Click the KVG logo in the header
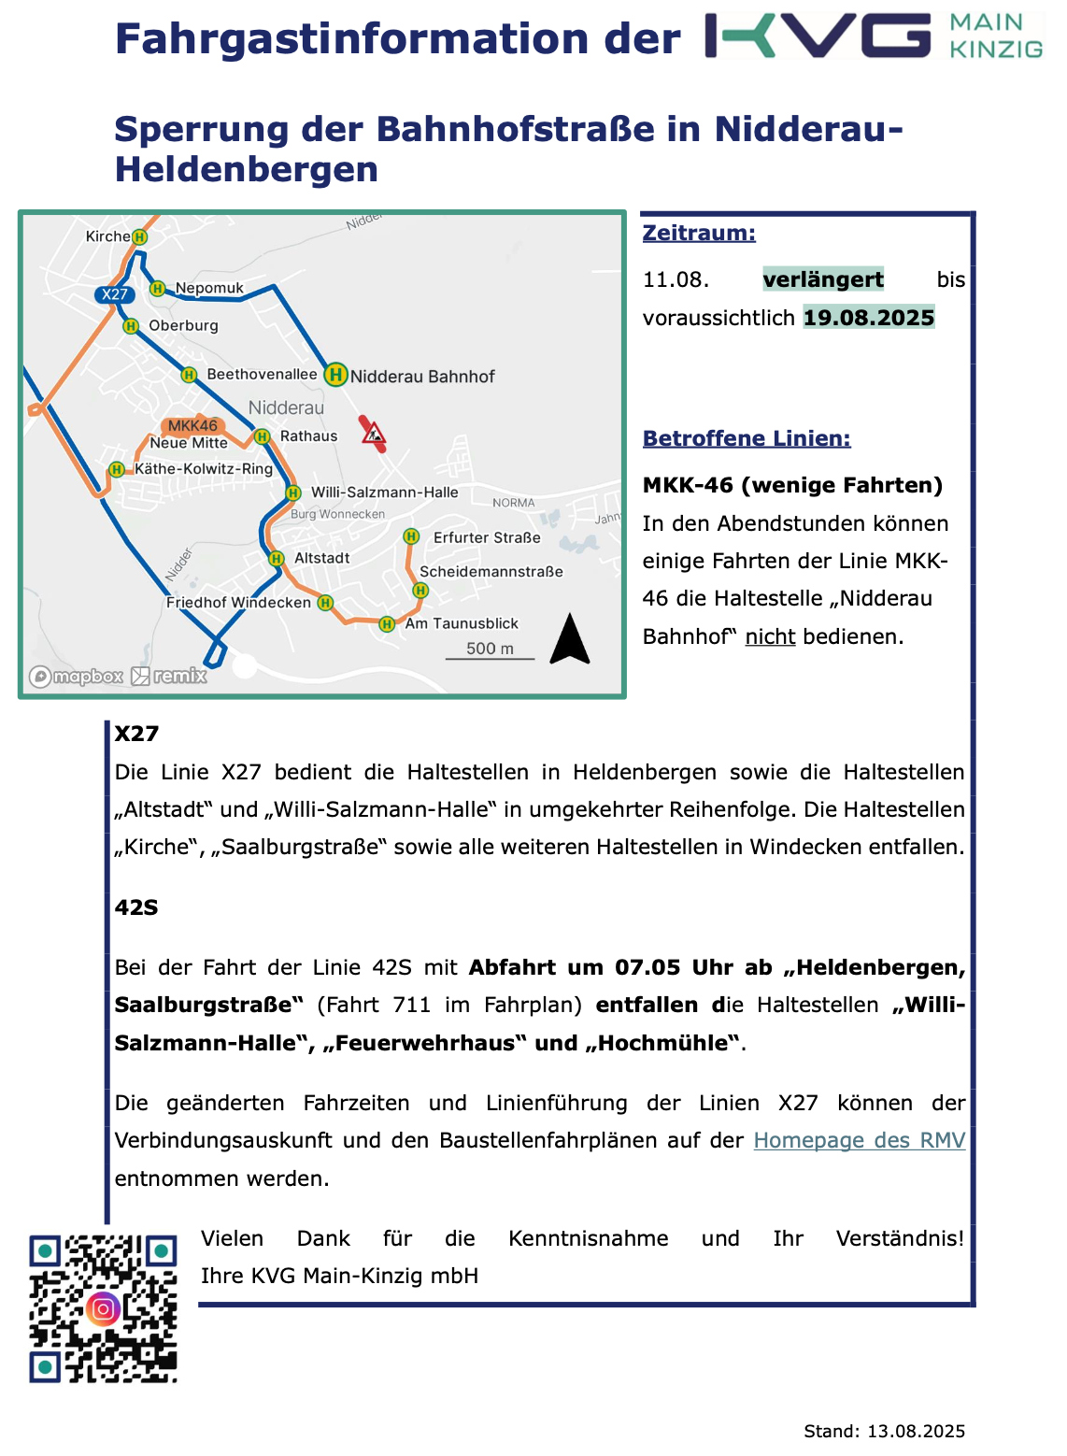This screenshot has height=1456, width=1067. click(x=874, y=36)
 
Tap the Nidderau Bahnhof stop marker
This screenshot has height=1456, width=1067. click(x=335, y=375)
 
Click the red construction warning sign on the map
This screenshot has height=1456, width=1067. click(x=374, y=433)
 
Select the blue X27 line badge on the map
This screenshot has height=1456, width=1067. click(x=115, y=294)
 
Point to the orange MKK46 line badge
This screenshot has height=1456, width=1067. click(x=192, y=426)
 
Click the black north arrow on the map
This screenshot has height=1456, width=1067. click(x=570, y=639)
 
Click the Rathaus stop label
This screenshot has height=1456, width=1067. click(x=308, y=436)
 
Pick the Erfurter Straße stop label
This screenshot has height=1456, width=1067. click(x=487, y=537)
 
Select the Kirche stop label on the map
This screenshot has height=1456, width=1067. click(x=107, y=236)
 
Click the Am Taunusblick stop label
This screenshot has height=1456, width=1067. click(x=462, y=623)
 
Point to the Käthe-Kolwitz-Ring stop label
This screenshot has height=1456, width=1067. click(x=204, y=468)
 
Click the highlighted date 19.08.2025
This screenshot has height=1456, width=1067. click(x=869, y=318)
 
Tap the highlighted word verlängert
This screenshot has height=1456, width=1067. click(x=823, y=279)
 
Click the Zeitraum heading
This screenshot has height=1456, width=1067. click(x=699, y=233)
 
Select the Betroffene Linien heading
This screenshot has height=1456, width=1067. click(x=747, y=438)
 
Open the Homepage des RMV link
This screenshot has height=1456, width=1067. click(x=859, y=1140)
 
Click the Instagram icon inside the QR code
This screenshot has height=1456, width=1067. click(x=103, y=1308)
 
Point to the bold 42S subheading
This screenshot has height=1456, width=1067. click(x=136, y=907)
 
